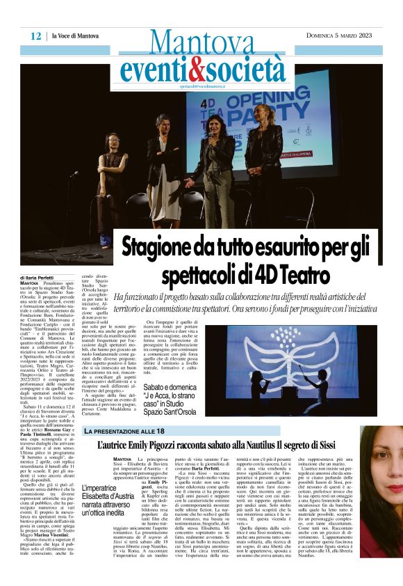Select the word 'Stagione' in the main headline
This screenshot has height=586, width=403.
(x=160, y=249)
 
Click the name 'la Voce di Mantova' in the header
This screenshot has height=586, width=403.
(x=74, y=35)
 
